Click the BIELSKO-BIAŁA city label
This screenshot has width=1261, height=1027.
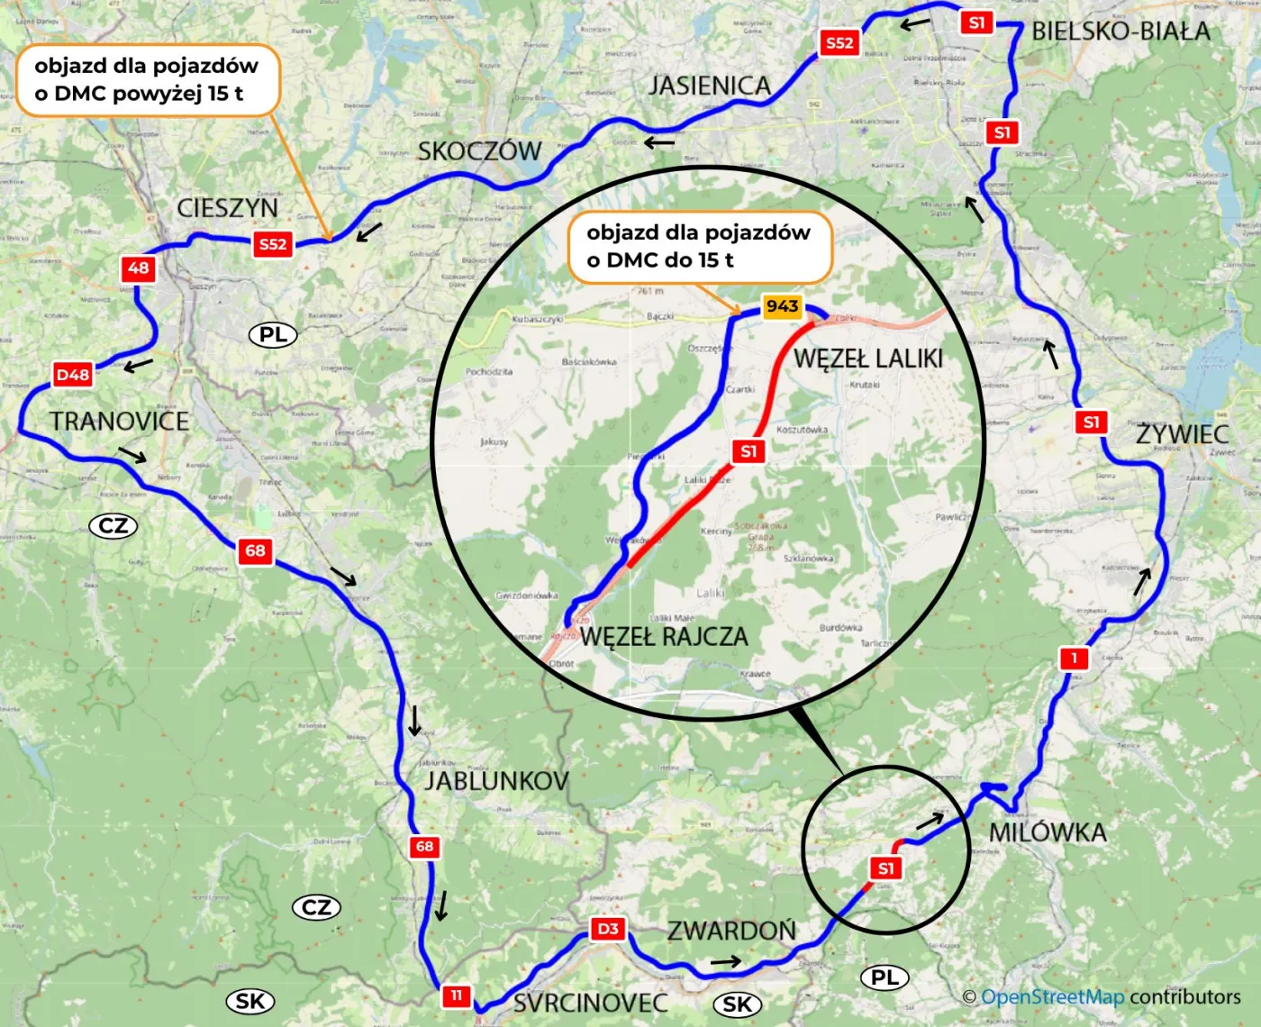coord(1120,32)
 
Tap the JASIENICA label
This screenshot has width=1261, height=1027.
coord(710,86)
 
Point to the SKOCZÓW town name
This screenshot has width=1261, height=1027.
coord(479,150)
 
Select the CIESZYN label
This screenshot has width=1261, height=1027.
coord(227,208)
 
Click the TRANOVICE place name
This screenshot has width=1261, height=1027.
coord(119,421)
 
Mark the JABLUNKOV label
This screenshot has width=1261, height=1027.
coord(496,780)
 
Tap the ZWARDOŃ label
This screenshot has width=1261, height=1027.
coord(731,930)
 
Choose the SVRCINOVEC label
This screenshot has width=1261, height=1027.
coord(591,1003)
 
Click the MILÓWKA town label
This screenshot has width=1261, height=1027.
coord(1048,832)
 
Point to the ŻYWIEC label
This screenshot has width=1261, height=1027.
coord(1182,434)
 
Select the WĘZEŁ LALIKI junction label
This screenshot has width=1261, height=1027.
coord(868,359)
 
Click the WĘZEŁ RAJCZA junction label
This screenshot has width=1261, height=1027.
coord(664,637)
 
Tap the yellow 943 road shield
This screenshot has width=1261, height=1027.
coord(782,306)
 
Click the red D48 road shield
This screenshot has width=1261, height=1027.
coord(73,375)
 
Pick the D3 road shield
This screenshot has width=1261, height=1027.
coord(608,929)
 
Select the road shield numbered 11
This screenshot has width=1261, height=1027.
coord(456,995)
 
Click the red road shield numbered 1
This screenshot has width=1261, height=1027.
coord(1074,658)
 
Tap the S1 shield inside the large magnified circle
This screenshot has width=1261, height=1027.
coord(748,451)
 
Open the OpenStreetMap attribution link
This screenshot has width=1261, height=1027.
coord(1052,997)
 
